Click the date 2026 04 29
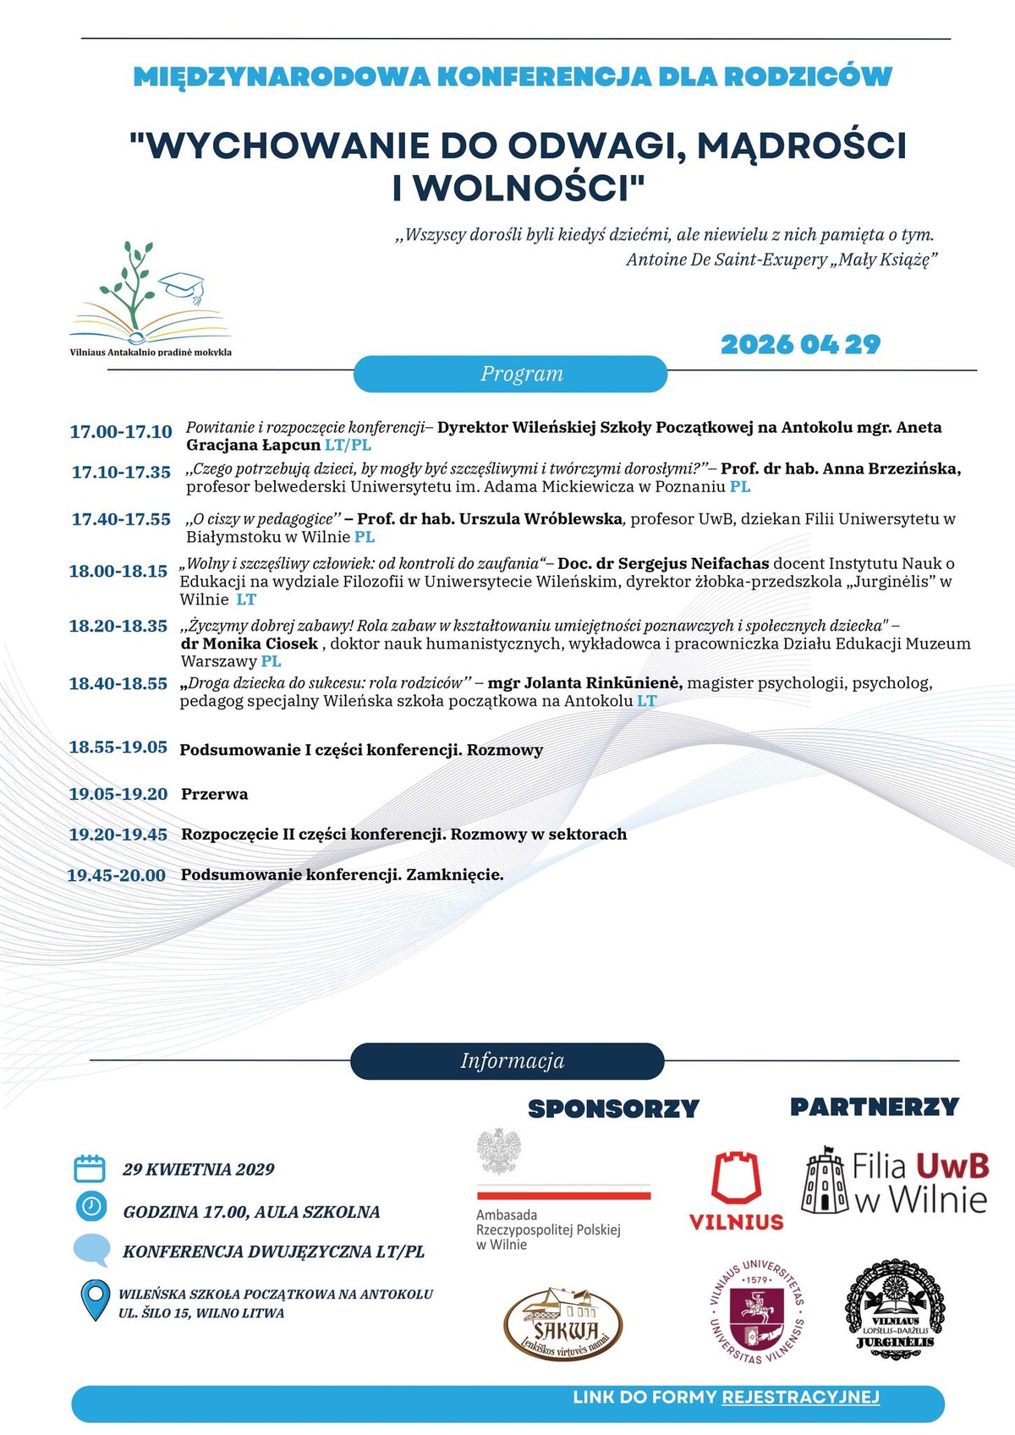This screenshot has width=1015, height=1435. pyautogui.click(x=800, y=345)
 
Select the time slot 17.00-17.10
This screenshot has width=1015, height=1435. pyautogui.click(x=121, y=432)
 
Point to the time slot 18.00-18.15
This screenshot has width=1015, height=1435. pyautogui.click(x=118, y=572)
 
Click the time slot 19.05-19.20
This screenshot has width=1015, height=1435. pyautogui.click(x=118, y=794)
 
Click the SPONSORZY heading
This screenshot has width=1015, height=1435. pyautogui.click(x=613, y=1109)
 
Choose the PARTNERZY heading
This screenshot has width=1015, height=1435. pyautogui.click(x=874, y=1107)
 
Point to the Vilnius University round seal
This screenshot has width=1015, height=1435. pyautogui.click(x=756, y=1312)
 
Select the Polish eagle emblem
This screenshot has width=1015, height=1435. pyautogui.click(x=499, y=1151)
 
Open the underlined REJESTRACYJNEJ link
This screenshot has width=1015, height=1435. pyautogui.click(x=800, y=1398)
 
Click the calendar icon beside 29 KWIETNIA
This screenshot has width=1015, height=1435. pyautogui.click(x=90, y=1169)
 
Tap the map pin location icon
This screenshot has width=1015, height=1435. pyautogui.click(x=94, y=1300)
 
